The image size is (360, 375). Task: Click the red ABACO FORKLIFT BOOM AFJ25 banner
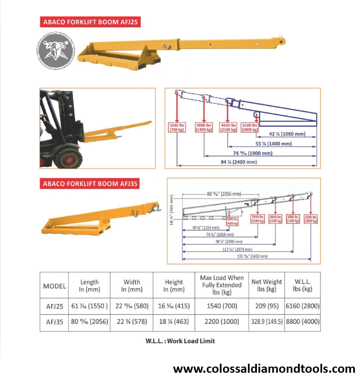[x=91, y=22]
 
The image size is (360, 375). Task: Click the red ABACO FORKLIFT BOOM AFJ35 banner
[x=91, y=184]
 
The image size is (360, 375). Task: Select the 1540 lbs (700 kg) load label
[x=179, y=127]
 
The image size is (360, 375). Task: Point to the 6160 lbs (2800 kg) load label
[x=250, y=127]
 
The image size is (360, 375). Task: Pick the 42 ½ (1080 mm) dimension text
[x=288, y=135]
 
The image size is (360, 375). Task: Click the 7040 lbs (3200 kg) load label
[x=257, y=219]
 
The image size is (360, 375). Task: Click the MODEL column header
[x=55, y=286]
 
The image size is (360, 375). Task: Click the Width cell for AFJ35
[x=132, y=321]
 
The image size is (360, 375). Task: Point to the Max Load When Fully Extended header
[x=222, y=285]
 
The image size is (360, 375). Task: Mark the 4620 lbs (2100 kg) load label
[x=228, y=127]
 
